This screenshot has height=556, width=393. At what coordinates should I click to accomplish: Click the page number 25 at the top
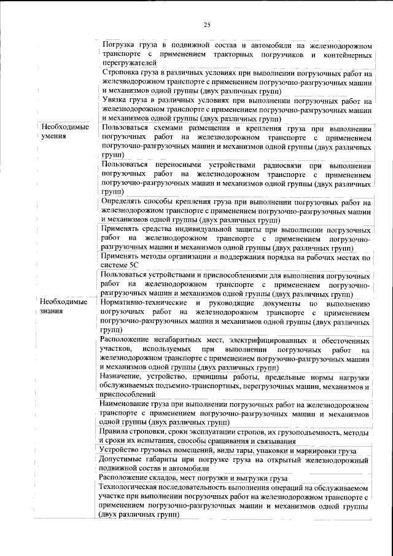[x=207, y=25]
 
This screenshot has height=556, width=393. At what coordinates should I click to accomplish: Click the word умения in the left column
[x=53, y=136]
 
